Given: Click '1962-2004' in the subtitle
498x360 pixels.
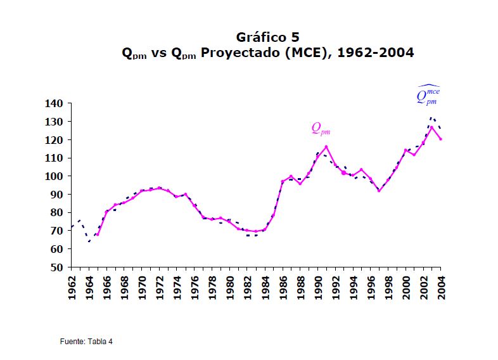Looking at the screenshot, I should coord(376,53).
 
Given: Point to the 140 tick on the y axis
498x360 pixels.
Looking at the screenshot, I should coord(54,103).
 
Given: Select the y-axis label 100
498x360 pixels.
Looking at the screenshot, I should coord(54,176).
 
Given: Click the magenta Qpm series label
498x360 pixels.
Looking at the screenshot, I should coord(321,129).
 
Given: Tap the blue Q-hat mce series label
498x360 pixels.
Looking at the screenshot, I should coord(428,95).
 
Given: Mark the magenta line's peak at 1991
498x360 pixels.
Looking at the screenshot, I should coord(326,147).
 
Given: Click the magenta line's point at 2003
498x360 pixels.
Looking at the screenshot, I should coord(432,127).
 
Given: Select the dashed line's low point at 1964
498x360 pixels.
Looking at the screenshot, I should coord(89,241).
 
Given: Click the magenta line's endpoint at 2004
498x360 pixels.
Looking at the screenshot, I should coord(441,139).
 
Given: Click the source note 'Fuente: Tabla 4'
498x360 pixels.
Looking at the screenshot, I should coord(86,342).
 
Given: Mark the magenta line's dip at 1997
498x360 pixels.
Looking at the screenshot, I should coord(379,190).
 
